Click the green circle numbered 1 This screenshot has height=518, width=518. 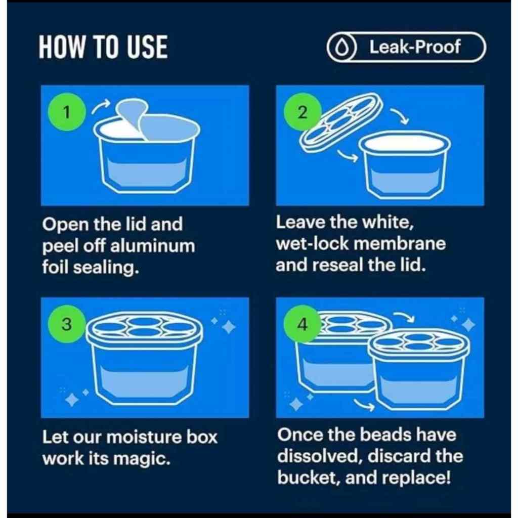tap(67, 112)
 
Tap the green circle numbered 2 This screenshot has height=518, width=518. tap(303, 112)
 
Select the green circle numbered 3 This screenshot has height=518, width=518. tap(67, 324)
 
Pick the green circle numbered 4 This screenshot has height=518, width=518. tap(303, 324)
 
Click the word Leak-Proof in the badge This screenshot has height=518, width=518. tap(415, 47)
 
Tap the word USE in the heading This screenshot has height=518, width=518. tap(147, 47)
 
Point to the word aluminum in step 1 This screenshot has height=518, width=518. tap(152, 246)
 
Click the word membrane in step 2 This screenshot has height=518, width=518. tap(401, 244)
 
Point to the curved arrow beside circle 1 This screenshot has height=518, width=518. tap(101, 107)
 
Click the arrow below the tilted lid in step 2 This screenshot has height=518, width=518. tap(348, 156)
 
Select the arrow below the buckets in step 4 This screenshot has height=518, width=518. tap(364, 405)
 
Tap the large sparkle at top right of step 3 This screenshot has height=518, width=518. tap(229, 327)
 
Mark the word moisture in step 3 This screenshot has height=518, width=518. tap(145, 437)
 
